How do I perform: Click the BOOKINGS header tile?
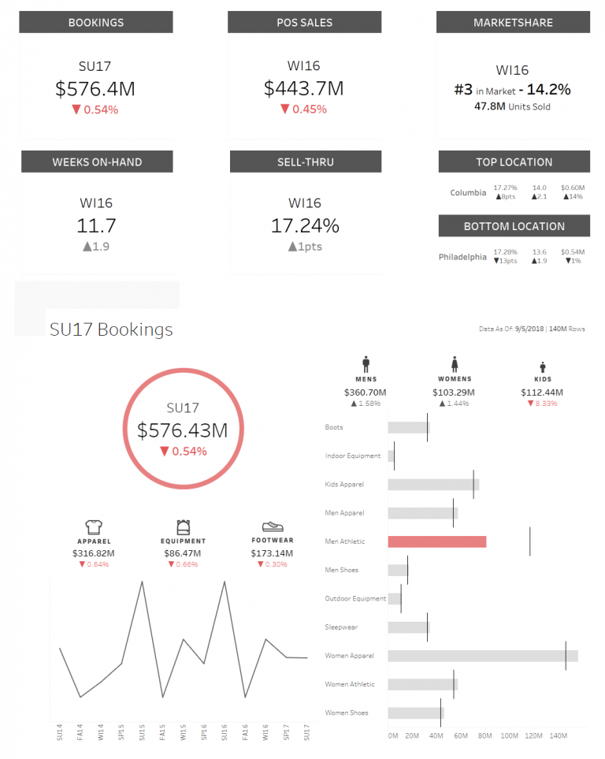tap(96, 23)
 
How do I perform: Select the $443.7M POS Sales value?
tap(304, 88)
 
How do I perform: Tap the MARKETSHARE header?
tap(513, 23)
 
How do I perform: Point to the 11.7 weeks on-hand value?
tap(96, 225)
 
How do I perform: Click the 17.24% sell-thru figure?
tap(305, 225)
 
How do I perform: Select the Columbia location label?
tap(468, 192)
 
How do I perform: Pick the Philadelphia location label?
tap(462, 257)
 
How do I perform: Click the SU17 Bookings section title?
tap(111, 329)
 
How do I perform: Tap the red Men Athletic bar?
tap(436, 541)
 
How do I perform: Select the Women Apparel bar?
tap(482, 656)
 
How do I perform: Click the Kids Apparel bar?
tap(432, 485)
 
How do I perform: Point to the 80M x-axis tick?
tap(485, 735)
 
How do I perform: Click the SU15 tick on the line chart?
tap(143, 733)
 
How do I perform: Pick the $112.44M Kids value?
tap(542, 392)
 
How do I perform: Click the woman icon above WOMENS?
tap(455, 365)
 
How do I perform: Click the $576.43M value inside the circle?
tap(182, 430)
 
